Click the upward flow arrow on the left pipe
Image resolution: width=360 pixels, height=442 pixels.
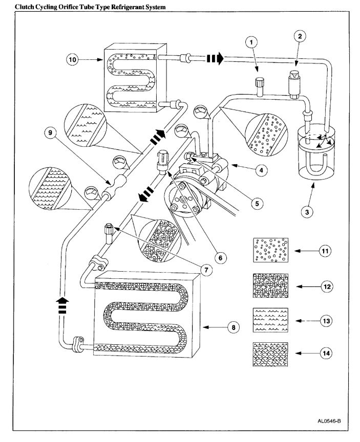(x=63, y=306)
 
